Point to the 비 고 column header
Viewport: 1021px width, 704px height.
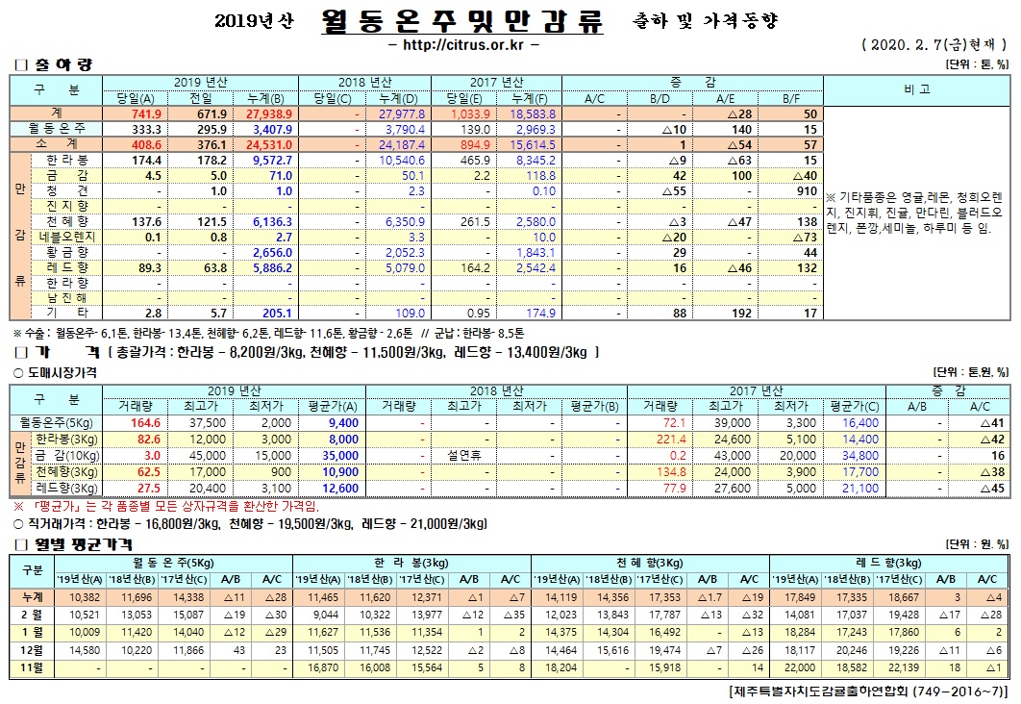coord(917,88)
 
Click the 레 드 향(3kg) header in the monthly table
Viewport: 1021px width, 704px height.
coord(888,562)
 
